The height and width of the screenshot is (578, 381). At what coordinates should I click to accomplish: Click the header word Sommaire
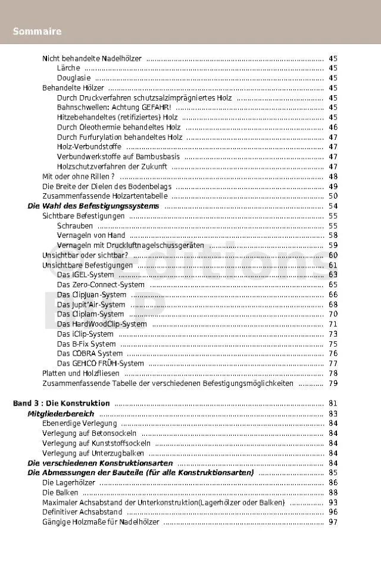[x=37, y=31]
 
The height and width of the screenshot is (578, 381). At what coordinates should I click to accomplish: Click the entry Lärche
[x=68, y=68]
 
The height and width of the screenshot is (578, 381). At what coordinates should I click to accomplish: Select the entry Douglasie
[x=74, y=78]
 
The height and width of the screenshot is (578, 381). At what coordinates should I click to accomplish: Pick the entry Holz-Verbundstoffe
[x=89, y=147]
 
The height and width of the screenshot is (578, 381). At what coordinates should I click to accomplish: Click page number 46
[x=333, y=127]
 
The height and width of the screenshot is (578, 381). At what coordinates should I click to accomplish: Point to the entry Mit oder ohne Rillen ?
[x=78, y=177]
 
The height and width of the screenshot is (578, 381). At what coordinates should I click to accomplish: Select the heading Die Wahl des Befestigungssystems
[x=93, y=206]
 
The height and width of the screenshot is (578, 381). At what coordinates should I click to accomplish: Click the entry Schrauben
[x=75, y=225]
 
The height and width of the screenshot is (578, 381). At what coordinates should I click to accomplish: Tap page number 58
[x=333, y=235]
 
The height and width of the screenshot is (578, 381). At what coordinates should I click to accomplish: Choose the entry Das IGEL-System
[x=85, y=275]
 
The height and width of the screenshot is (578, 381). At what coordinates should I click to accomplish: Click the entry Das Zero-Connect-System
[x=101, y=285]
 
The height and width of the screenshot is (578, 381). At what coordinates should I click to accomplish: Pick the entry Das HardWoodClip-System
[x=102, y=324]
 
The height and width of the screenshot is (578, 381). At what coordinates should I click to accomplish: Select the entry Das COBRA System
[x=90, y=353]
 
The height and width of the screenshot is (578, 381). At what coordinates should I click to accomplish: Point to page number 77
[x=333, y=363]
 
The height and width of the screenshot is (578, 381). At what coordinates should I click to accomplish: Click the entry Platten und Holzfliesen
[x=81, y=373]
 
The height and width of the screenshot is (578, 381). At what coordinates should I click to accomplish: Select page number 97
[x=333, y=522]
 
